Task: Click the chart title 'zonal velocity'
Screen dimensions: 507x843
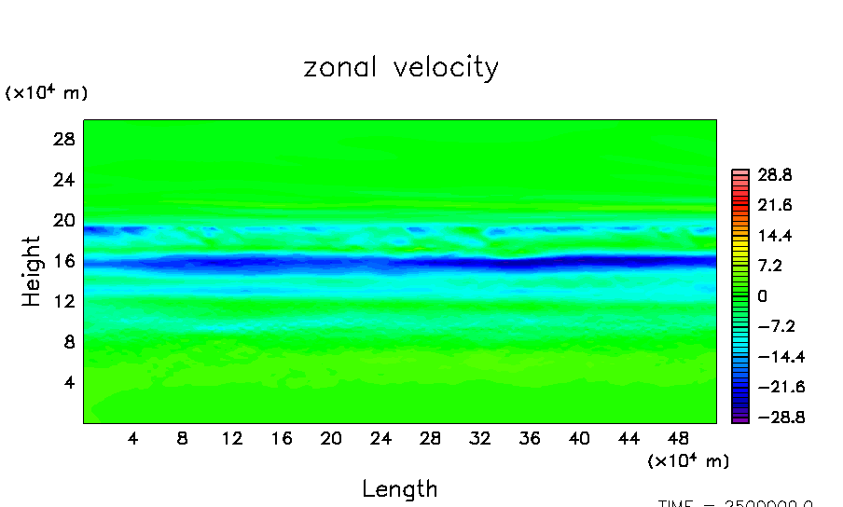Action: click(401, 68)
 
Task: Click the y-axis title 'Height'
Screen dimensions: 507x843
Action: click(33, 271)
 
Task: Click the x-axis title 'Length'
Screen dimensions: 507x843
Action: click(400, 488)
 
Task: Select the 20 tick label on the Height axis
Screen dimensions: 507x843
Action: click(62, 220)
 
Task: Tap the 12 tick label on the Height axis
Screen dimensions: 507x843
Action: click(62, 301)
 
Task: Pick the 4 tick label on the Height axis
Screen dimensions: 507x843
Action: click(67, 382)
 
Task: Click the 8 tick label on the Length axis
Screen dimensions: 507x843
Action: click(183, 438)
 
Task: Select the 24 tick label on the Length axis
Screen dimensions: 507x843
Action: click(380, 438)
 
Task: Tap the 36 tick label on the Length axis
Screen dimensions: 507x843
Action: click(530, 438)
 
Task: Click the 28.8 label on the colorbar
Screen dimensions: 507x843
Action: click(775, 174)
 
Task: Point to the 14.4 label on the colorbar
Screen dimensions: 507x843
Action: click(775, 236)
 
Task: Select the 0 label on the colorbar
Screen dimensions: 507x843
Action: click(762, 296)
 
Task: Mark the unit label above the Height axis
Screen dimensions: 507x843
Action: click(47, 93)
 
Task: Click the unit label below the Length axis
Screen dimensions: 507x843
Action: click(688, 461)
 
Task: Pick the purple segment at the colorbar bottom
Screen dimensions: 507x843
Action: click(740, 419)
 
